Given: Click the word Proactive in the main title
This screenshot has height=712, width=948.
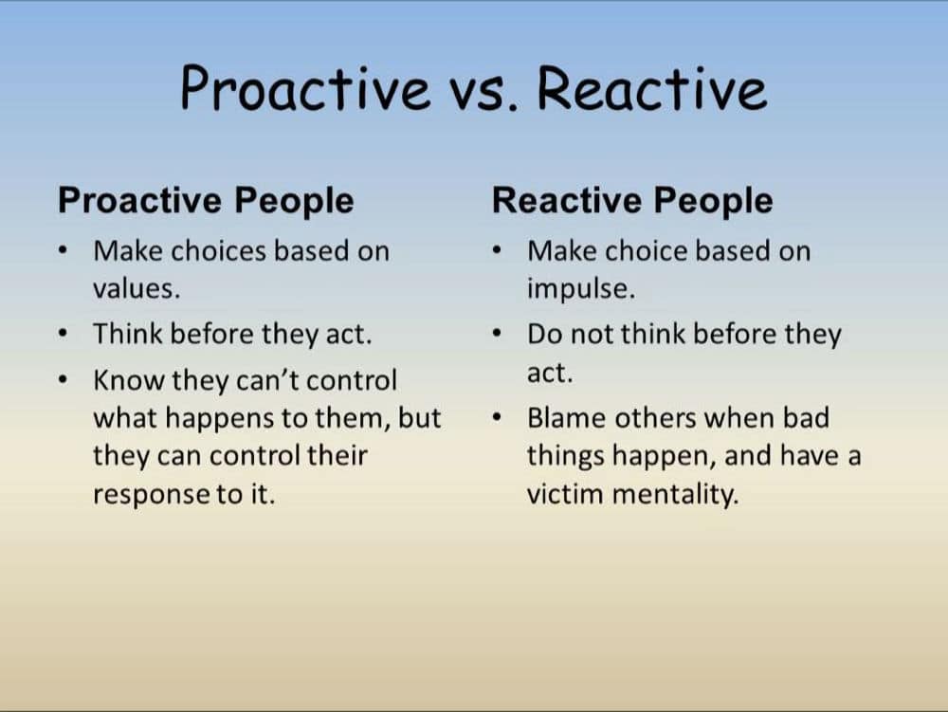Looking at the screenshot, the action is click(305, 88).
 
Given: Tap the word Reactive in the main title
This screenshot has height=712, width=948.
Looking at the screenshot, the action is click(652, 88).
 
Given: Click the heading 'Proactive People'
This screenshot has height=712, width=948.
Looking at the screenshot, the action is click(206, 200).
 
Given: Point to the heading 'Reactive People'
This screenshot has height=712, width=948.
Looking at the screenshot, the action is click(632, 200).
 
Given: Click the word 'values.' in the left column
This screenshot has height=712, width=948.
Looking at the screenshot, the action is click(137, 288).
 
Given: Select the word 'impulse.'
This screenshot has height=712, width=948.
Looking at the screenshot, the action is click(581, 289).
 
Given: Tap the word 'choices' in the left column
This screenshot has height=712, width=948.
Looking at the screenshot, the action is click(218, 251).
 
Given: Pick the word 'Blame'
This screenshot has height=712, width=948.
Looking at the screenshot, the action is click(566, 418).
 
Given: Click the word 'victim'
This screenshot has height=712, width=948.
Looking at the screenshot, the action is click(565, 493).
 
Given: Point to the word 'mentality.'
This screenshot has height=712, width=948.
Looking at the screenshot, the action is click(675, 494).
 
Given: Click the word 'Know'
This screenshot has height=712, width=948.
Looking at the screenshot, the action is click(128, 380).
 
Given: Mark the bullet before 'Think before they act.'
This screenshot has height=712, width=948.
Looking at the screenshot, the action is click(63, 333).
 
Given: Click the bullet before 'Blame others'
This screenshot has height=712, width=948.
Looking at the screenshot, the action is click(497, 417).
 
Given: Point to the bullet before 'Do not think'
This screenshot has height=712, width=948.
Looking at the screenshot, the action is click(497, 333).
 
